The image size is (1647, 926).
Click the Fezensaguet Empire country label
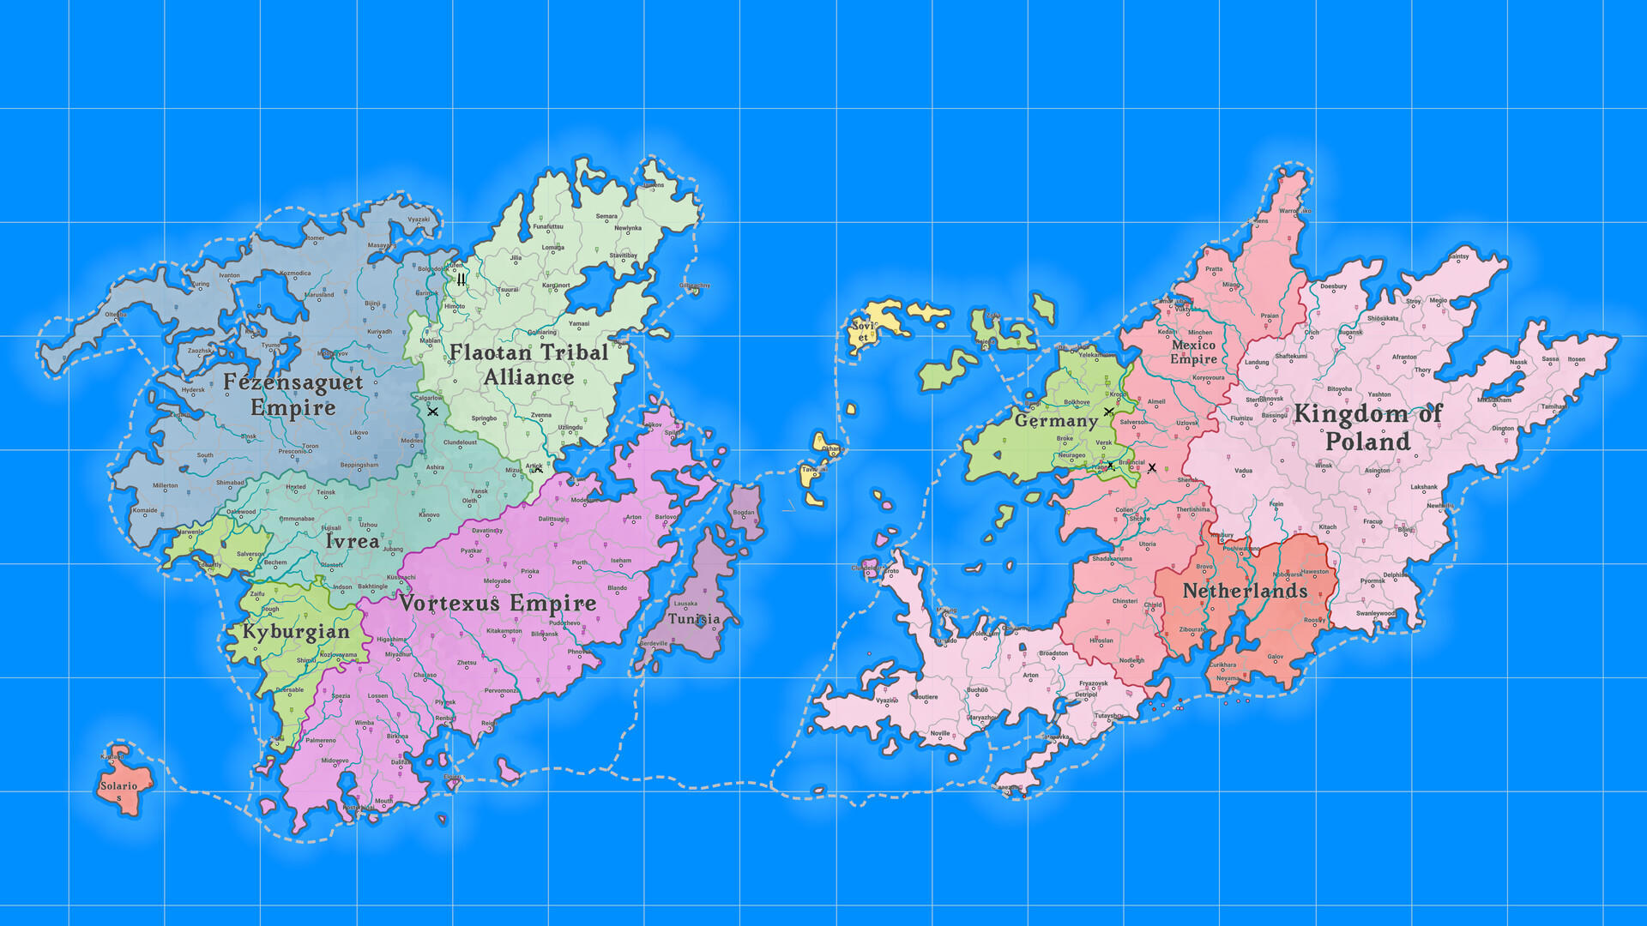pyautogui.click(x=293, y=394)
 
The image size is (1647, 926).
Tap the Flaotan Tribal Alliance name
pyautogui.click(x=528, y=364)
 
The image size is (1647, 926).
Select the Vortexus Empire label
pyautogui.click(x=498, y=603)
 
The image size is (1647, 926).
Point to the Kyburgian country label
pyautogui.click(x=296, y=632)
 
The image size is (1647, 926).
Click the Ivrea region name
pyautogui.click(x=352, y=541)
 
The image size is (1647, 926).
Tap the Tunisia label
pyautogui.click(x=694, y=618)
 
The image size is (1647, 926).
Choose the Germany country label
pyautogui.click(x=1056, y=420)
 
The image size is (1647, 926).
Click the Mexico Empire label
pyautogui.click(x=1193, y=352)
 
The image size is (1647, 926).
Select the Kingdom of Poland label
pyautogui.click(x=1367, y=427)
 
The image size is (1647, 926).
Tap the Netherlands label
pyautogui.click(x=1245, y=591)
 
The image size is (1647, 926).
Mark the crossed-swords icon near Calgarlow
pyautogui.click(x=432, y=412)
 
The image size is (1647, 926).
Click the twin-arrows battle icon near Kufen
pyautogui.click(x=462, y=280)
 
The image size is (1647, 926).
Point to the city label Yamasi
pyautogui.click(x=579, y=324)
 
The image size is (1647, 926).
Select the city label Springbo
pyautogui.click(x=484, y=418)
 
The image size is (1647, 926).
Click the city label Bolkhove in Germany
pyautogui.click(x=1077, y=402)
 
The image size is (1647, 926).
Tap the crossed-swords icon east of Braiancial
pyautogui.click(x=1152, y=468)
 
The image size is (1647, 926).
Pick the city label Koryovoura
pyautogui.click(x=1209, y=377)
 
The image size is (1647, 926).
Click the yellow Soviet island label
pyautogui.click(x=863, y=331)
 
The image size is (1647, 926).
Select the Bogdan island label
pyautogui.click(x=744, y=513)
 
